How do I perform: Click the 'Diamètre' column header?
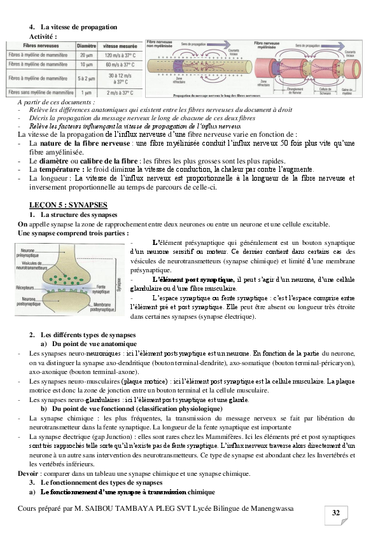87,46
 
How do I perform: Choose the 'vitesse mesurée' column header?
119,46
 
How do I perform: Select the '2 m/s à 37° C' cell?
119,92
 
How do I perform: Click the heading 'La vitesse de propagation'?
79,28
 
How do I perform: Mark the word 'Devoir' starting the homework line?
28,473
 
